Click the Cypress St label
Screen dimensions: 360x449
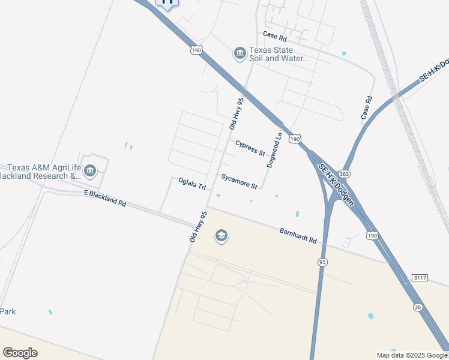pyautogui.click(x=250, y=148)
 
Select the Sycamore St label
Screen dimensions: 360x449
pyautogui.click(x=239, y=181)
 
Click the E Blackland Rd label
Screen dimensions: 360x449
pyautogui.click(x=105, y=199)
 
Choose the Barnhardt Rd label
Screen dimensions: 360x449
pyautogui.click(x=298, y=235)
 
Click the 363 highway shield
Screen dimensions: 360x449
pyautogui.click(x=343, y=174)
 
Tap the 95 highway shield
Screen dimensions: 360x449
pyautogui.click(x=322, y=262)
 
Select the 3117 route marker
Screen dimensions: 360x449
pyautogui.click(x=420, y=277)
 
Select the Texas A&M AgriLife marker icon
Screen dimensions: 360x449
pyautogui.click(x=90, y=172)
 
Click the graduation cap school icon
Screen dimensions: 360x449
pyautogui.click(x=221, y=236)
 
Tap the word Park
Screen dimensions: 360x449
pyautogui.click(x=8, y=311)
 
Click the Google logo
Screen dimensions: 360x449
pyautogui.click(x=20, y=353)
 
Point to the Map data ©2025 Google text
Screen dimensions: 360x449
pyautogui.click(x=411, y=355)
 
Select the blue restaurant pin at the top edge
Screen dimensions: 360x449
pyautogui.click(x=167, y=2)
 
